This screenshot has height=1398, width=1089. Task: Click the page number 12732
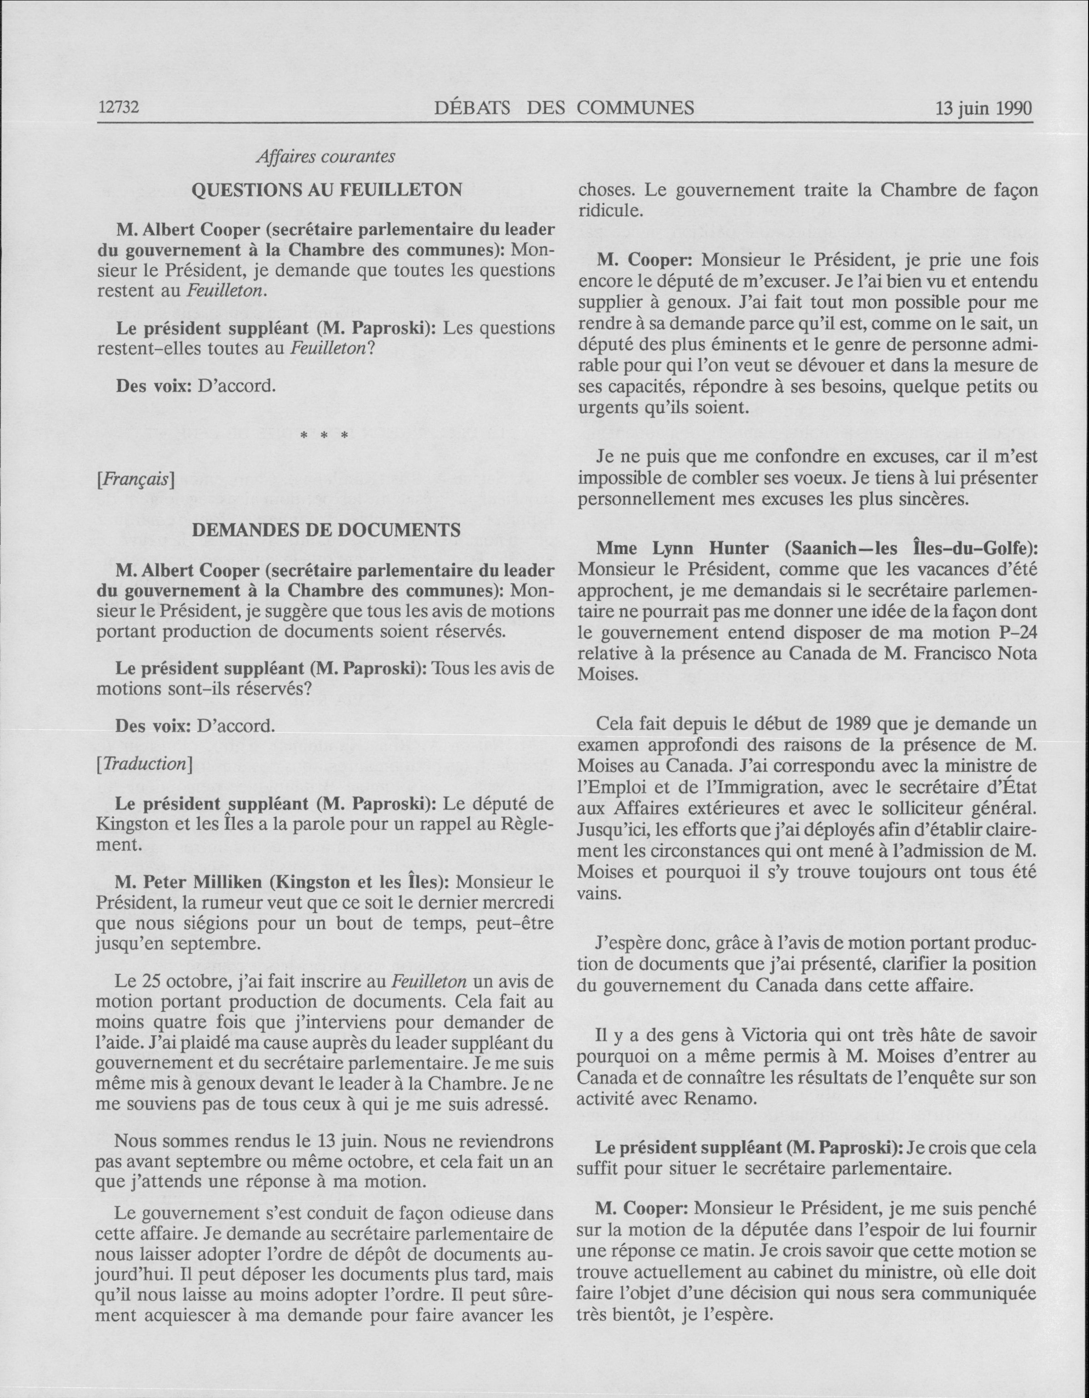coord(119,108)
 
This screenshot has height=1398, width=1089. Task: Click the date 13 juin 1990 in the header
coord(984,108)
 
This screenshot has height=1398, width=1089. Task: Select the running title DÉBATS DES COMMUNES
coord(564,108)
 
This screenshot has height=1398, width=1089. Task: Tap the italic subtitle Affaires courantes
coord(325,156)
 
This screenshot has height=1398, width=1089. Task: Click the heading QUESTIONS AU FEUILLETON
coord(327,190)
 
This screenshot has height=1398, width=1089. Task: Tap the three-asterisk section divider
coord(325,437)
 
